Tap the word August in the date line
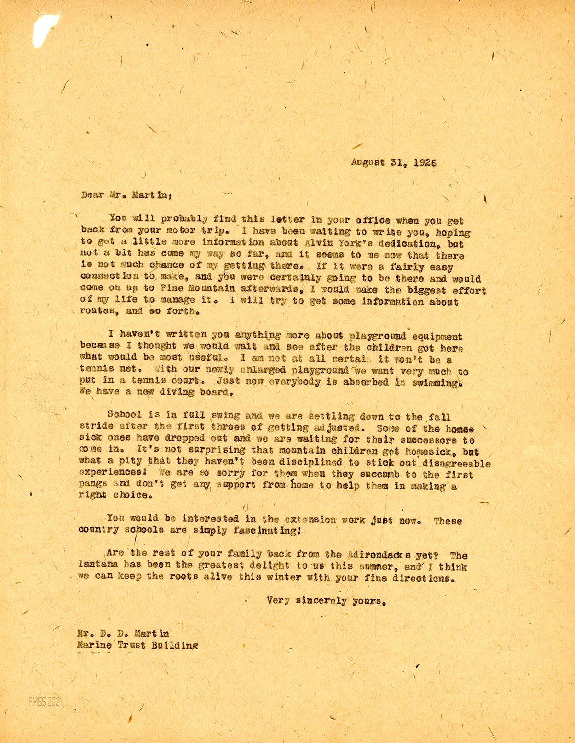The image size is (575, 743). (368, 162)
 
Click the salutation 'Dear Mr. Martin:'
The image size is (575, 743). (126, 195)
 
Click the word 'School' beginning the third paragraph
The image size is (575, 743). (125, 415)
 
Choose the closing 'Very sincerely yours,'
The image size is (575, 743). (327, 601)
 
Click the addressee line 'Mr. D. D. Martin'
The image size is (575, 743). (123, 634)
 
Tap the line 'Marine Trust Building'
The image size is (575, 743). (138, 645)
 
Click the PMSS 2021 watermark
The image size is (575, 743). (45, 702)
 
